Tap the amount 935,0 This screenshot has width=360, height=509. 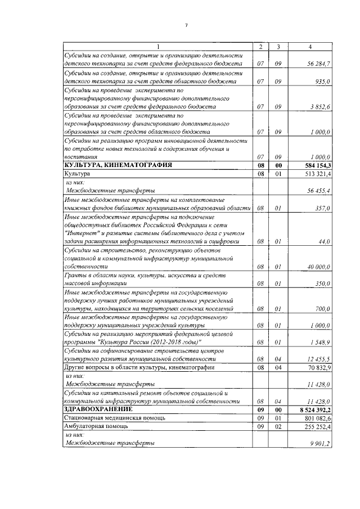tap(323, 82)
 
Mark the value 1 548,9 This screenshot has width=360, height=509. tap(321, 342)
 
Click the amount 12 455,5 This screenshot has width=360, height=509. tap(319, 359)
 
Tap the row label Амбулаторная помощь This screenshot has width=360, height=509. tap(96, 426)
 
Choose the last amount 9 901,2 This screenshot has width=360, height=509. tap(321, 444)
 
